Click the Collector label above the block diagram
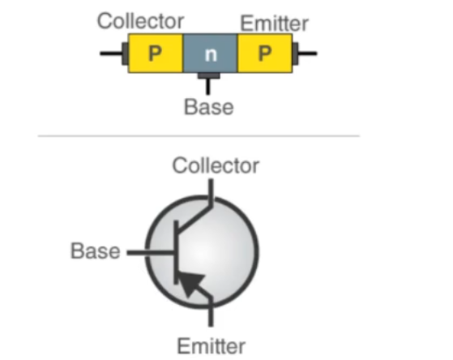[140, 21]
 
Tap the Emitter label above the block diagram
[274, 24]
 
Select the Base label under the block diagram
[209, 107]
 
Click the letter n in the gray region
[211, 54]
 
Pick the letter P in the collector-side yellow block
[155, 54]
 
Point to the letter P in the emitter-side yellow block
[265, 54]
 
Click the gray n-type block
[211, 54]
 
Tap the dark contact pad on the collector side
[125, 54]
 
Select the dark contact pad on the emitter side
[295, 54]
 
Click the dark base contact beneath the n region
[208, 75]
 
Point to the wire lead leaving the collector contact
[111, 54]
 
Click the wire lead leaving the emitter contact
[308, 54]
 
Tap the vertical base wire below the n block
[208, 87]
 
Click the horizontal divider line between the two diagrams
[199, 135]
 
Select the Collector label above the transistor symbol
[216, 165]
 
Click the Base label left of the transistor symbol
[96, 251]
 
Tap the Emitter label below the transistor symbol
[212, 346]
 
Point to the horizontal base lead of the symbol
[151, 253]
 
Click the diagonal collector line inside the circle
[194, 217]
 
